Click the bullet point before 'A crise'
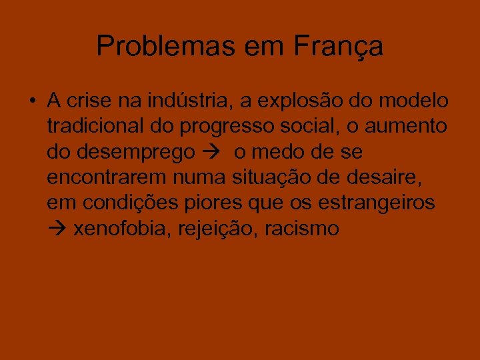pyautogui.click(x=32, y=102)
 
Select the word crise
pyautogui.click(x=88, y=101)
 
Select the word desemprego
pyautogui.click(x=133, y=153)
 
